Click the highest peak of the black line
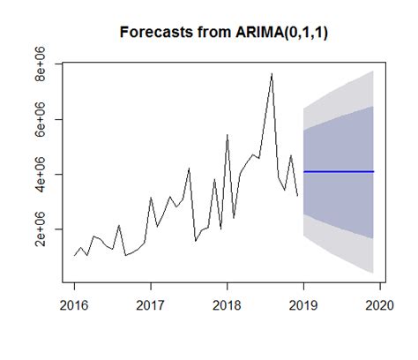tap(272, 73)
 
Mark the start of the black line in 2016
tap(74, 256)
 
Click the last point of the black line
tap(297, 195)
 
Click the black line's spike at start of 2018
tap(228, 135)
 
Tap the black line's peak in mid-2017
tap(189, 168)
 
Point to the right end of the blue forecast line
tap(374, 171)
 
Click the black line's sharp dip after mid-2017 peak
tap(196, 240)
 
